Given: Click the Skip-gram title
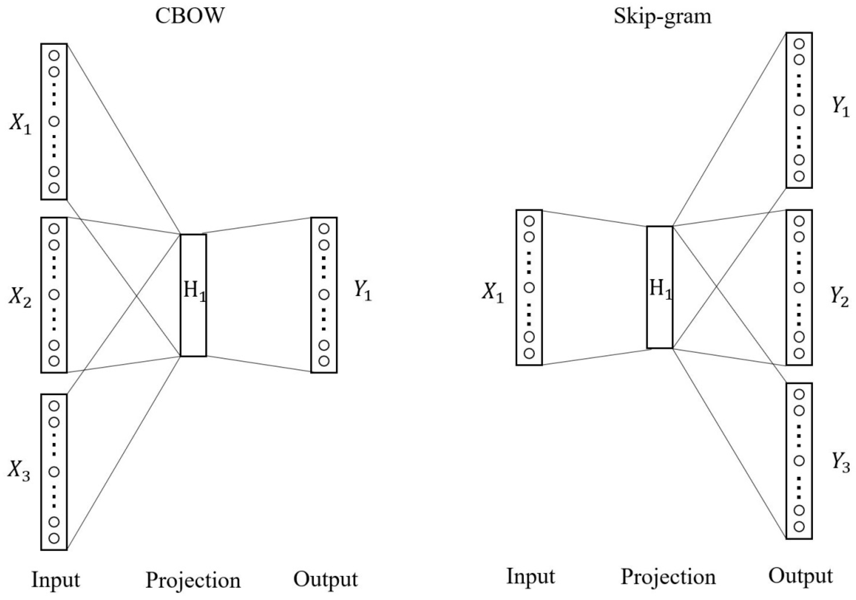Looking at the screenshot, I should click(x=663, y=16).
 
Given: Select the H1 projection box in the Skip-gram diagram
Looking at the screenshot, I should click(x=660, y=287).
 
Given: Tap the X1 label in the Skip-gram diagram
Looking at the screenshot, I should click(x=493, y=293).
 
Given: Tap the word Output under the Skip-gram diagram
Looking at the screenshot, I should click(x=801, y=576).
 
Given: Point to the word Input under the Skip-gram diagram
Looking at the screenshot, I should click(x=530, y=576).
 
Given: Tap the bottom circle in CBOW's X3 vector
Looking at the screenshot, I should click(x=54, y=538).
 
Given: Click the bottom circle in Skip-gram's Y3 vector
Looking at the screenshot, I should click(x=799, y=527).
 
